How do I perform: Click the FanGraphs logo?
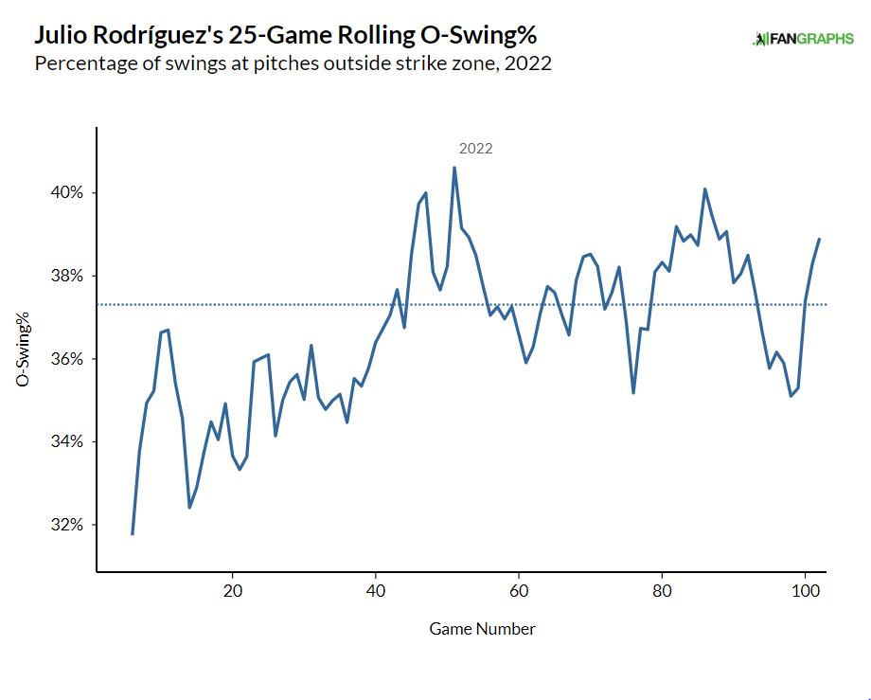pyautogui.click(x=803, y=39)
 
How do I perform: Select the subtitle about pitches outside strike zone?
pyautogui.click(x=293, y=64)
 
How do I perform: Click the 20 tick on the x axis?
pyautogui.click(x=232, y=589)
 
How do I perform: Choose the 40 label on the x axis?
pyautogui.click(x=376, y=589)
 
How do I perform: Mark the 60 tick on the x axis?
pyautogui.click(x=519, y=589)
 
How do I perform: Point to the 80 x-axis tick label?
pyautogui.click(x=662, y=589)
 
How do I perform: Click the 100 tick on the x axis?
pyautogui.click(x=805, y=589)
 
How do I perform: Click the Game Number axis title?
pyautogui.click(x=482, y=629)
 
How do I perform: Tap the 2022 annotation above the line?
pyautogui.click(x=475, y=149)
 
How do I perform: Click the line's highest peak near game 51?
pyautogui.click(x=454, y=169)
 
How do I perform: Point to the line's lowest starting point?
pyautogui.click(x=133, y=534)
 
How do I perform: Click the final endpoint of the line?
pyautogui.click(x=819, y=239)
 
